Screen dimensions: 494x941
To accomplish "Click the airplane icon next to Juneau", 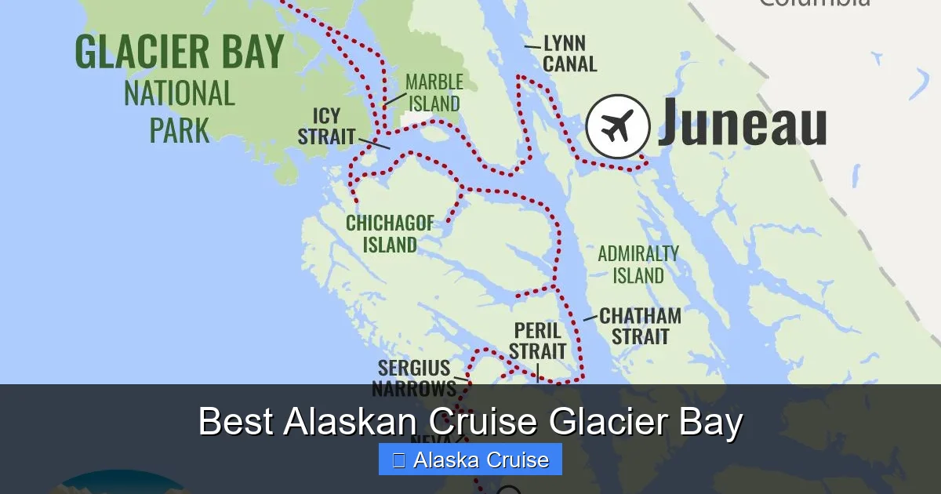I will point(618,127).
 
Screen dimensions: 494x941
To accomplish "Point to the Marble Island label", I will point(434,93).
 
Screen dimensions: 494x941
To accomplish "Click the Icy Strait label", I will point(327,126).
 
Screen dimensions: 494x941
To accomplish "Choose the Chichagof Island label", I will point(390,234).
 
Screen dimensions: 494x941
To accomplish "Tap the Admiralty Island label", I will point(638,264).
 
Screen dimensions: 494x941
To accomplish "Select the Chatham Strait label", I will point(640,326).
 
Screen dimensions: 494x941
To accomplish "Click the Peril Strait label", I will point(538,341).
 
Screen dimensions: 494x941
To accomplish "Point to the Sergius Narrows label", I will point(414,378).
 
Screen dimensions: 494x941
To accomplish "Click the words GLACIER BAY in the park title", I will point(180,53).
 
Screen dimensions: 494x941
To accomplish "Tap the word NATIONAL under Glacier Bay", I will point(180,94).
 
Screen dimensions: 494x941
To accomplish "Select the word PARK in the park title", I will point(180,131).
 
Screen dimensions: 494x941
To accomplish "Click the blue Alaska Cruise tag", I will point(470,459).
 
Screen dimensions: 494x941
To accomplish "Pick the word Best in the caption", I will point(235,422).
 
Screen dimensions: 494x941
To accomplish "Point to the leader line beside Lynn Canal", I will point(532,47).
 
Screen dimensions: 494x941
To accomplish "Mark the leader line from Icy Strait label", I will point(374,143).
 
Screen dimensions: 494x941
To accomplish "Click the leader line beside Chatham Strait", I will point(590,318).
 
